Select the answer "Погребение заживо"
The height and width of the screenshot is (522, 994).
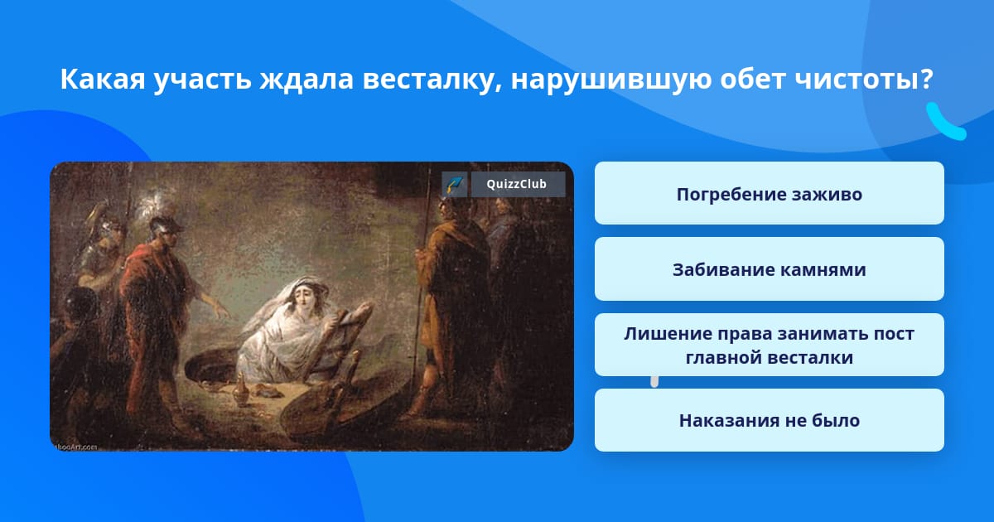click(x=769, y=193)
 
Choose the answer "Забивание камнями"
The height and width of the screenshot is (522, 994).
click(x=769, y=269)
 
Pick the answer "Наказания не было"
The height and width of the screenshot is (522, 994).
click(x=769, y=420)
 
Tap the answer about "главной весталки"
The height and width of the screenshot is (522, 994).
click(x=769, y=345)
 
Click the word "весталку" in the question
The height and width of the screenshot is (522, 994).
click(x=432, y=80)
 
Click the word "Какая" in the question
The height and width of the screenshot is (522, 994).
click(x=103, y=79)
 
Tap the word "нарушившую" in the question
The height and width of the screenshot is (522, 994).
click(x=610, y=80)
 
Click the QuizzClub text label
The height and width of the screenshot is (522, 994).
click(x=517, y=184)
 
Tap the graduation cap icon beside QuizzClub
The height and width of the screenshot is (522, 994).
click(x=455, y=184)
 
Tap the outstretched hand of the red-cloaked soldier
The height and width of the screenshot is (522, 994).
click(x=220, y=308)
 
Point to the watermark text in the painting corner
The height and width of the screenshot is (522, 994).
click(x=75, y=447)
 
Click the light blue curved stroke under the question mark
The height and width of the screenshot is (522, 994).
click(x=945, y=123)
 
